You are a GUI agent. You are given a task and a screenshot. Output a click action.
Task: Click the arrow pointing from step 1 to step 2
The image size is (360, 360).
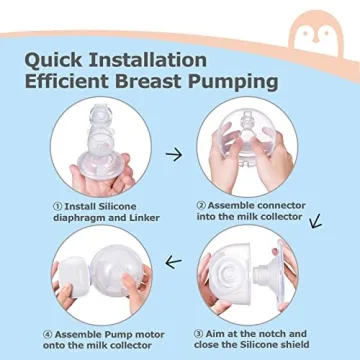[174, 155]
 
